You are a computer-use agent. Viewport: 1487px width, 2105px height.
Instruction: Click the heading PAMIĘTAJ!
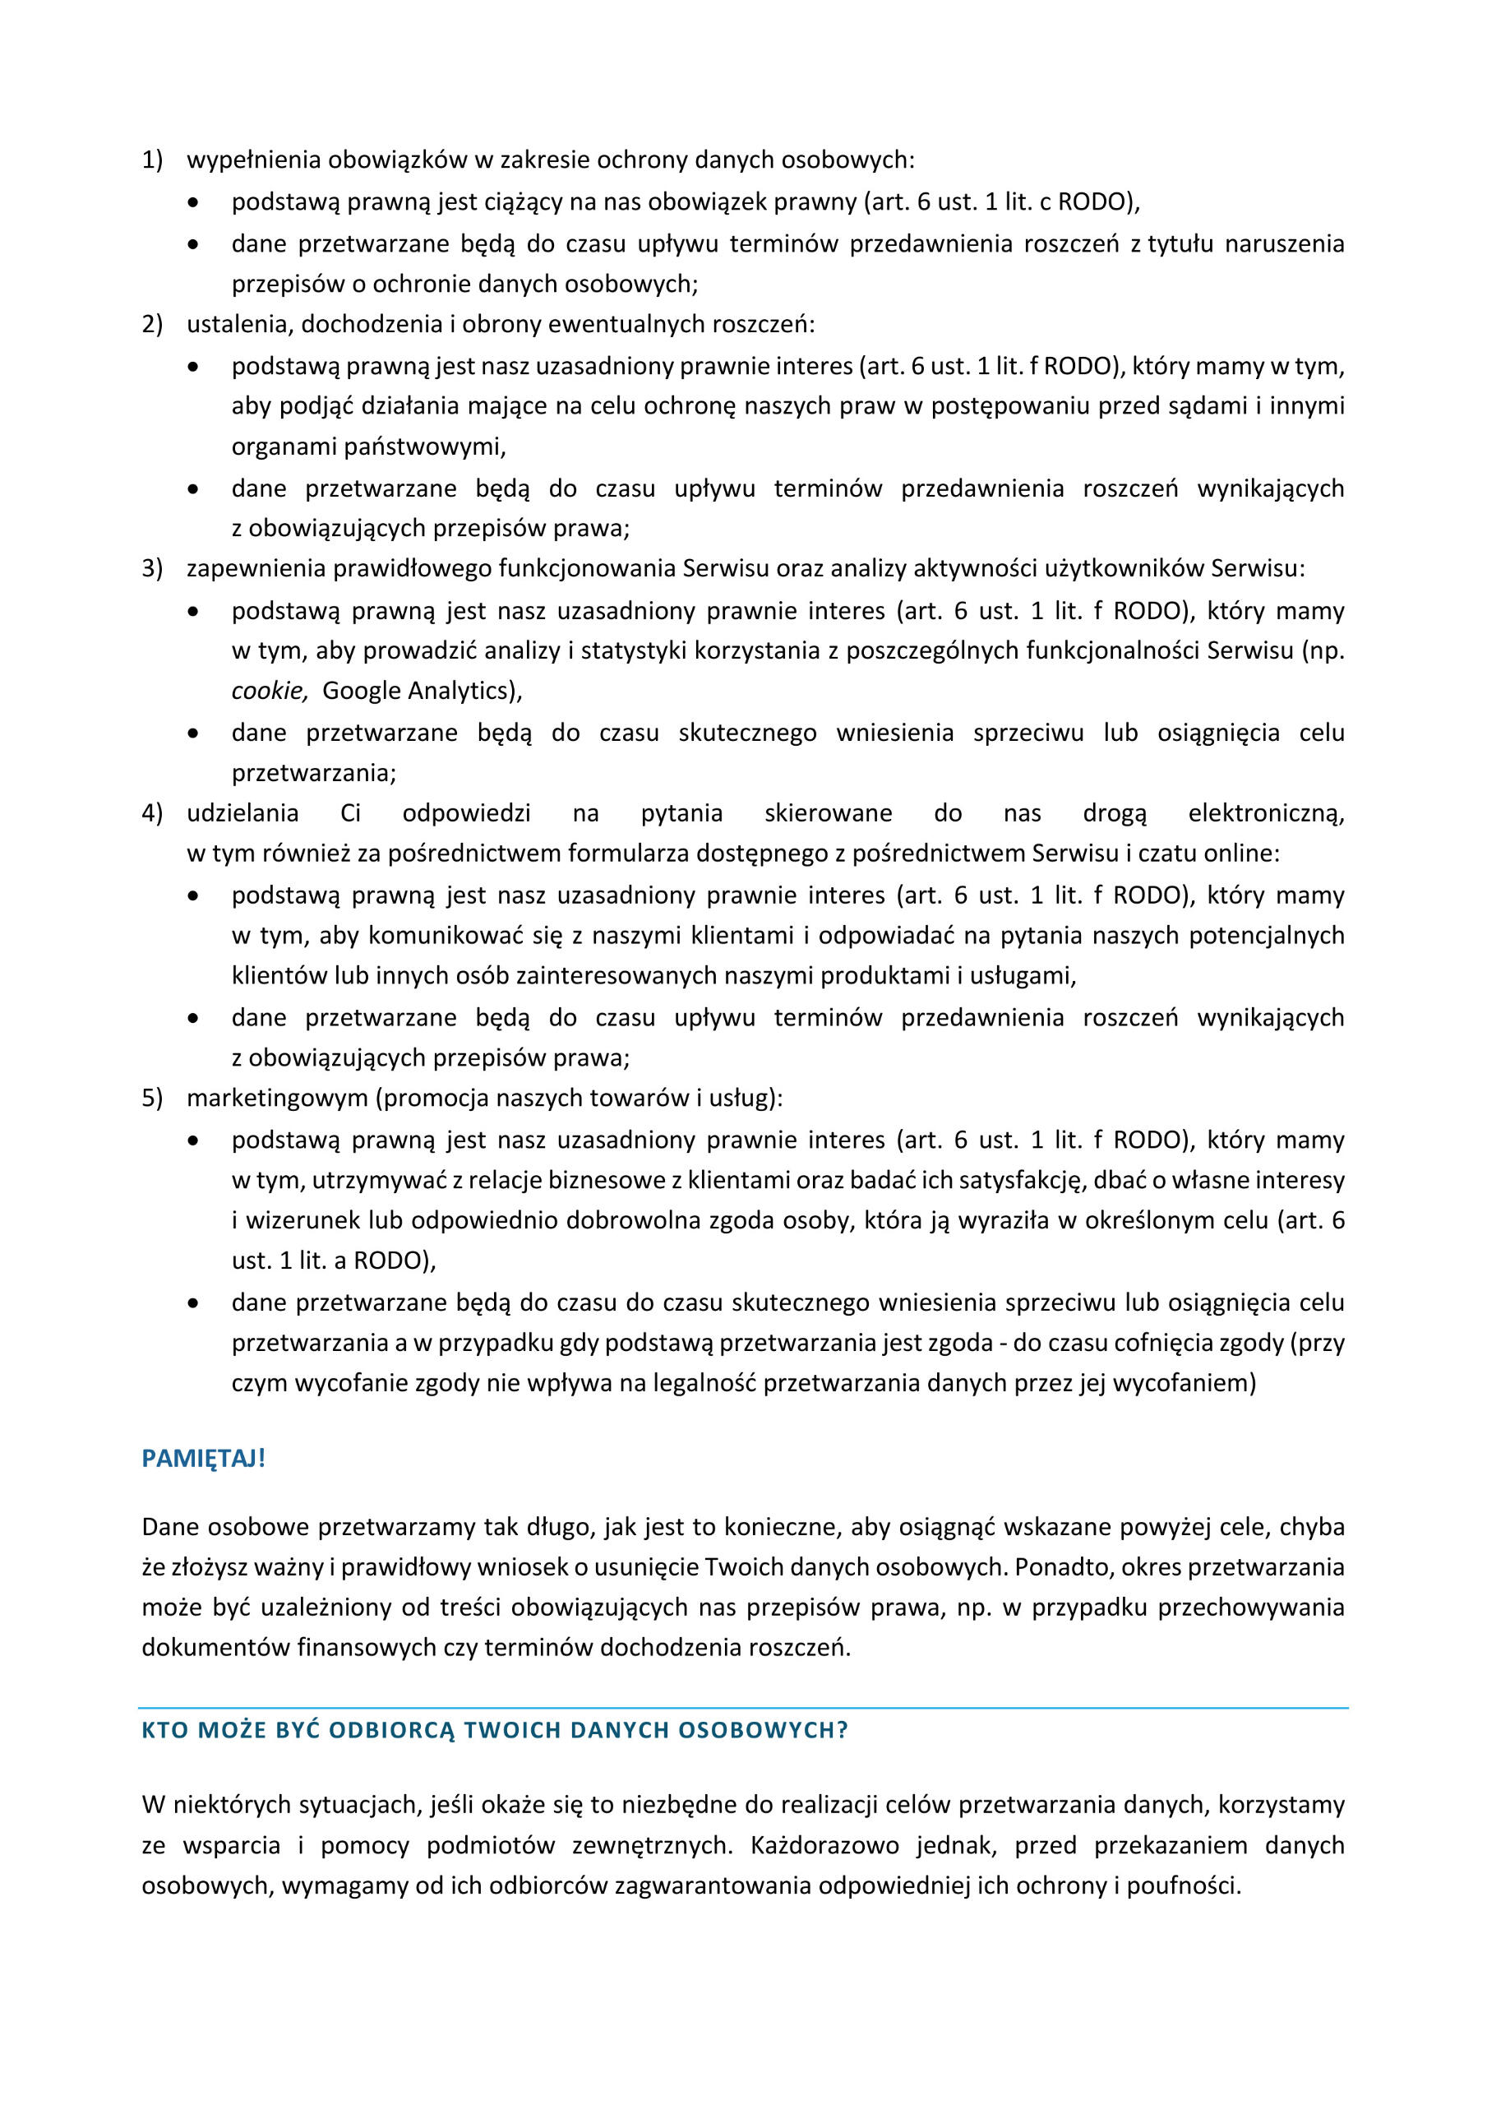[x=204, y=1459]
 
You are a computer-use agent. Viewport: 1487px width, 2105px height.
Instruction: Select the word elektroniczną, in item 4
[x=1265, y=813]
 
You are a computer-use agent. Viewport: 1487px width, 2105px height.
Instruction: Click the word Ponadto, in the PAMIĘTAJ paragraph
[x=1049, y=1567]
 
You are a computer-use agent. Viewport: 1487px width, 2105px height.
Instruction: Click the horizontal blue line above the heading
[x=742, y=1708]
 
